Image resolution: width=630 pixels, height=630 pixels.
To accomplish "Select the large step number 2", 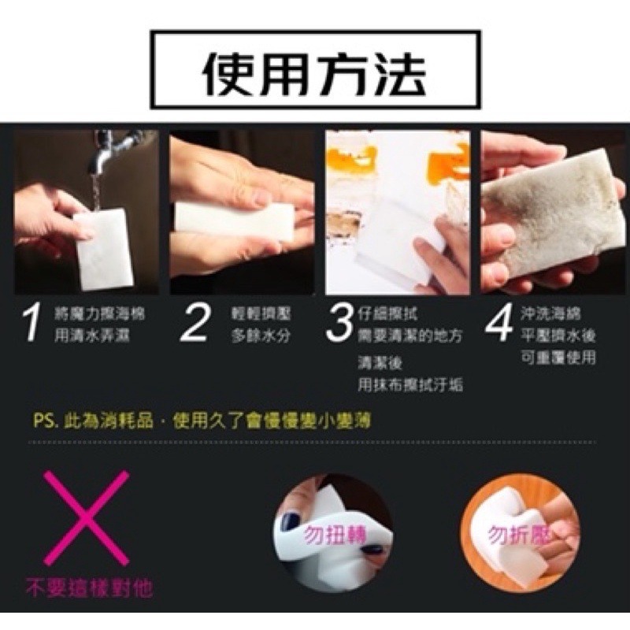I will pos(195,324).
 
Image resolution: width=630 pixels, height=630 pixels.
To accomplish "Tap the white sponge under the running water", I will pos(105,248).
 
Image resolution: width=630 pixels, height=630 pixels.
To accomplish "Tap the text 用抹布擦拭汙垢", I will pos(409,385).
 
